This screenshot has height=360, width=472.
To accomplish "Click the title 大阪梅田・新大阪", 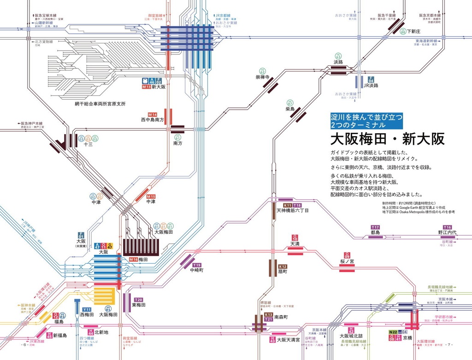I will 387,139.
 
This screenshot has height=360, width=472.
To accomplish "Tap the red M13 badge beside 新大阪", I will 147,87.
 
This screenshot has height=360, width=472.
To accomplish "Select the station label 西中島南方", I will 153,119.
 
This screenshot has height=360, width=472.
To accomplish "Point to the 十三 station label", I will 88,144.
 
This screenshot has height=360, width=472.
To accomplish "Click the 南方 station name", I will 178,144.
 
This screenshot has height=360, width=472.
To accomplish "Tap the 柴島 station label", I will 290,109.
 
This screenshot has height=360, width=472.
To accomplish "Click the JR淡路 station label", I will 371,86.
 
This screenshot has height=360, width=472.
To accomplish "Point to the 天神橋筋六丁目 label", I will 292,211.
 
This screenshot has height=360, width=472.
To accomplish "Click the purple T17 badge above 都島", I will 375,227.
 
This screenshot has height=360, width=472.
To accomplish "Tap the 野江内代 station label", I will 447,233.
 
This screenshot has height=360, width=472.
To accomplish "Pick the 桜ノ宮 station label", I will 349,261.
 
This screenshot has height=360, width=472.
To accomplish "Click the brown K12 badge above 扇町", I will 283,267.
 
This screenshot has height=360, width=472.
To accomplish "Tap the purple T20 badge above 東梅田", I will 139,299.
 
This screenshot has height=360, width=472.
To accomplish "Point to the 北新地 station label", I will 101,332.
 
